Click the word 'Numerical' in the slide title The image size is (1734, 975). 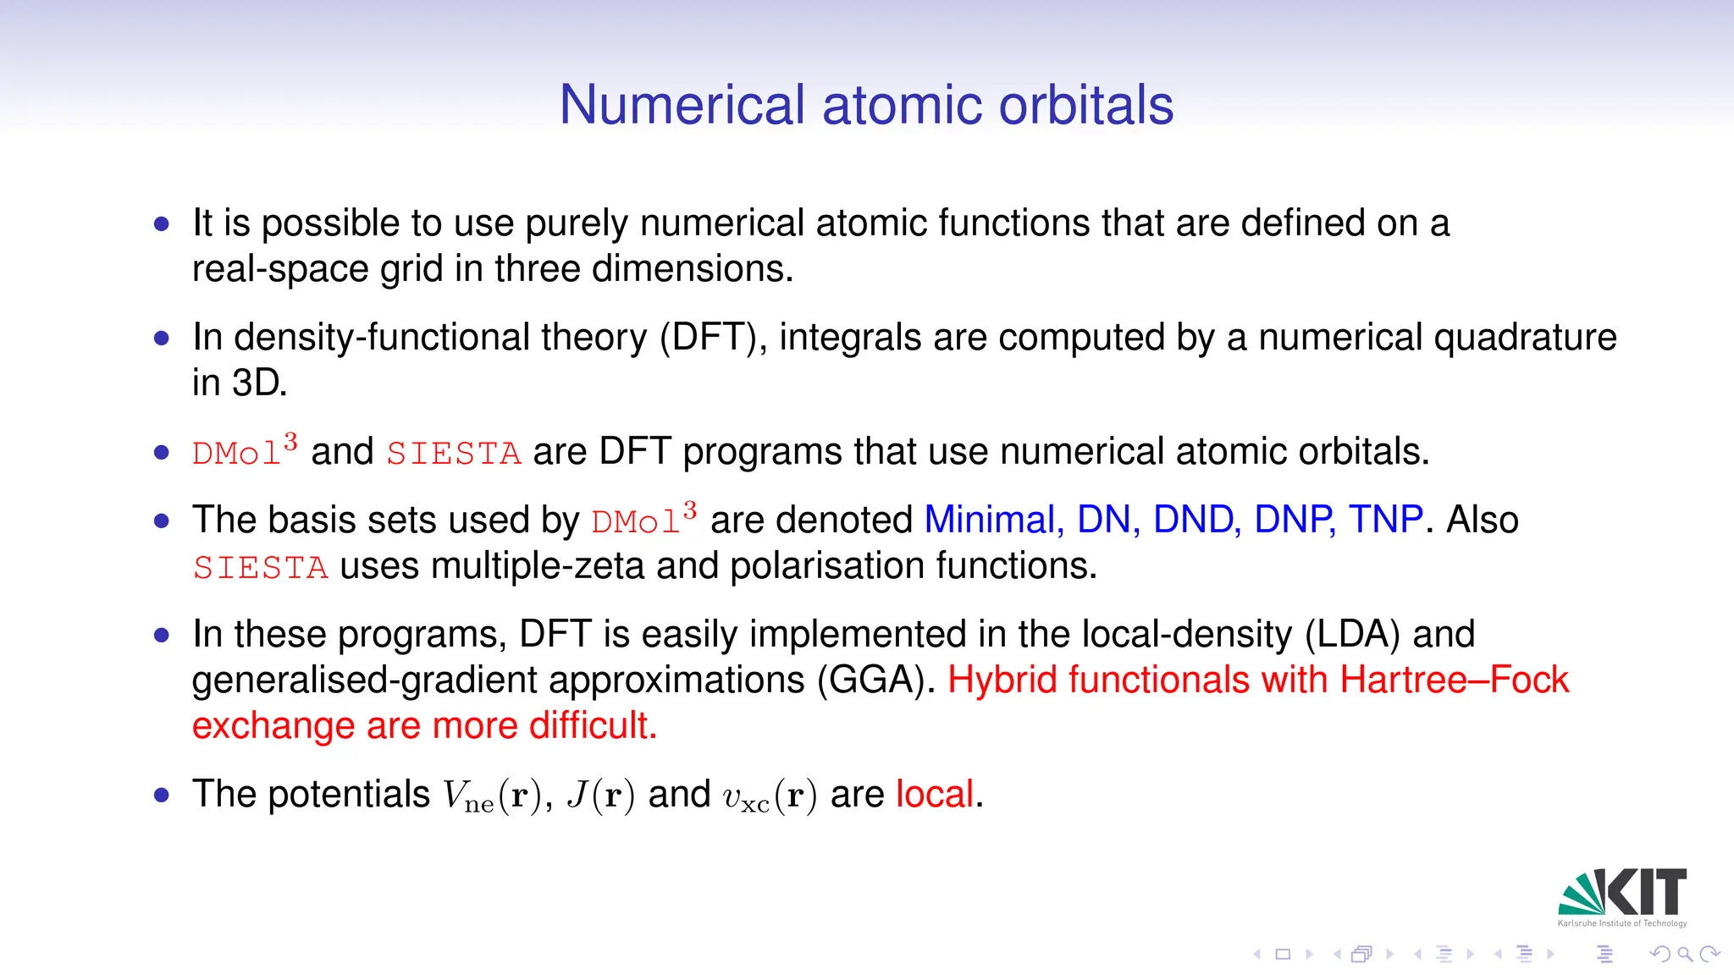click(682, 106)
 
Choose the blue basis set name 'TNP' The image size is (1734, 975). click(1385, 520)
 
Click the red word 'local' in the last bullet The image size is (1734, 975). click(935, 795)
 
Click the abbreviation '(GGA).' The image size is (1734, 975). click(876, 680)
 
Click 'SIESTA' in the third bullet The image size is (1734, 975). click(454, 454)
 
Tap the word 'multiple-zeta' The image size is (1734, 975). click(538, 566)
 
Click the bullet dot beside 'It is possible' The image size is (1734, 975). click(162, 224)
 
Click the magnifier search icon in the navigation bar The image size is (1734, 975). click(1685, 955)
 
